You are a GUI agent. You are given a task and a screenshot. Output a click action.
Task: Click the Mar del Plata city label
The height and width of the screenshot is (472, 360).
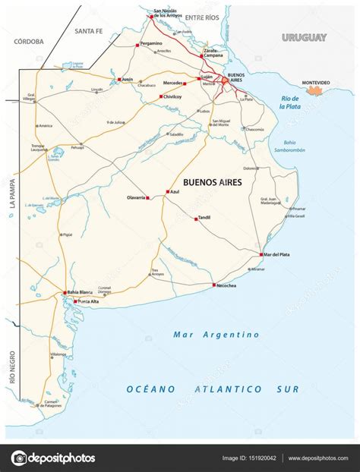click(279, 254)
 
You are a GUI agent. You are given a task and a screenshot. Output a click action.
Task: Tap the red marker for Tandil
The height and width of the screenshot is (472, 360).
click(196, 219)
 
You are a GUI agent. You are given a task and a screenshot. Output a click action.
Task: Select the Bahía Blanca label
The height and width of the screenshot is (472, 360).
click(83, 292)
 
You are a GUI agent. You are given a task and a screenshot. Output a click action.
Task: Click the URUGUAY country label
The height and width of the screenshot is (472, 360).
click(304, 37)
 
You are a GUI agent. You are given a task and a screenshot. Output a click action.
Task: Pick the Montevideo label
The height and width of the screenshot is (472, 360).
click(315, 81)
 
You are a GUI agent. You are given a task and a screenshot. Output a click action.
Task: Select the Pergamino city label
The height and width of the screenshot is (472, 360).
click(151, 44)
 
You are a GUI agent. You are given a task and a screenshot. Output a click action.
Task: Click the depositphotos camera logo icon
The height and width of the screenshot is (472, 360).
click(19, 458)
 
